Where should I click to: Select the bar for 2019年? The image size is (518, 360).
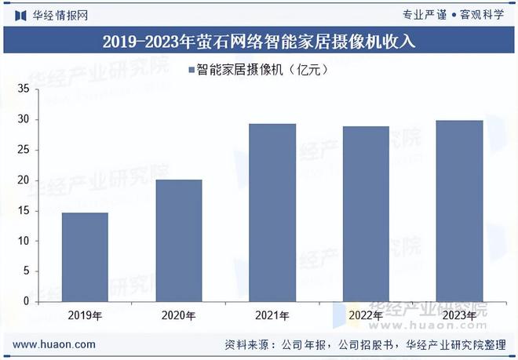(x=86, y=256)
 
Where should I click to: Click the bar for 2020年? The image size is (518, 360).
(x=179, y=240)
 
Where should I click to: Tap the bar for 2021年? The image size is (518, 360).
(x=272, y=212)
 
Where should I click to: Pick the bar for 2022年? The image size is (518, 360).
(x=366, y=213)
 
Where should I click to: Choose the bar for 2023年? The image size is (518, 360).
(x=459, y=210)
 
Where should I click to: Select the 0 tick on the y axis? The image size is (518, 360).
(x=26, y=301)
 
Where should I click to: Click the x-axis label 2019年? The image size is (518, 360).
(x=86, y=315)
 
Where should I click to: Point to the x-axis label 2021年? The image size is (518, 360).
(x=272, y=315)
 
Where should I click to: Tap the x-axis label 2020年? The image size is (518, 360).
(x=179, y=315)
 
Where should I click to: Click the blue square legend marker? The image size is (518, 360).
(x=191, y=71)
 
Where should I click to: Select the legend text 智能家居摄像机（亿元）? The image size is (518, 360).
(x=261, y=71)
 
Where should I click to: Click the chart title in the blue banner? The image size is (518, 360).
(x=259, y=42)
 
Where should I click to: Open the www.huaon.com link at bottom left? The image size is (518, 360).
(x=55, y=344)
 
